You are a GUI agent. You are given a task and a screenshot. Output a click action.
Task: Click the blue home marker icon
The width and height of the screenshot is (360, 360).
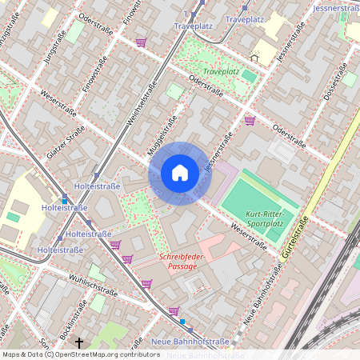(x=180, y=173)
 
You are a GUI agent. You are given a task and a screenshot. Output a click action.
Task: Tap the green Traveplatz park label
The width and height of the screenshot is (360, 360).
(x=221, y=72)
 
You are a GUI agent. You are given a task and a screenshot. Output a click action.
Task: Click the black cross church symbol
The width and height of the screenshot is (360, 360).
(x=78, y=343)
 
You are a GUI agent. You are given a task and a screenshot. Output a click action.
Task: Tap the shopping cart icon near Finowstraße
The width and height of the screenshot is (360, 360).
(x=141, y=42)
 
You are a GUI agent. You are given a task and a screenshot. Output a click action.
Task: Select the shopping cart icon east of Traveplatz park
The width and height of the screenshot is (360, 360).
(x=250, y=121)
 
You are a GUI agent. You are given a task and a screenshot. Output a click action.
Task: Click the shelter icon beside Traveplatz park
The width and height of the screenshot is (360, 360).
(x=255, y=58)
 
